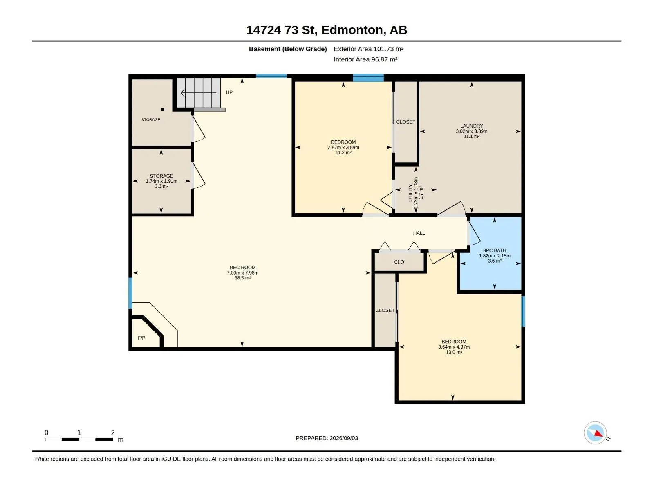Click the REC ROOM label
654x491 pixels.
click(242, 268)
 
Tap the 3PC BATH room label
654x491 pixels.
click(495, 250)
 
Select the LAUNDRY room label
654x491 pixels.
click(471, 126)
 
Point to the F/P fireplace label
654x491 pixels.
click(141, 338)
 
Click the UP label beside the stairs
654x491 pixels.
click(229, 92)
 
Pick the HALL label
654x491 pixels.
click(419, 233)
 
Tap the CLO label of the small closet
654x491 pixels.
click(399, 262)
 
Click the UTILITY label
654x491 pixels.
click(410, 193)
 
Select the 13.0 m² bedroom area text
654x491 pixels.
click(454, 352)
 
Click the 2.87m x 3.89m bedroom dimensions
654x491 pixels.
click(343, 147)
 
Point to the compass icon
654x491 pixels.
click(595, 433)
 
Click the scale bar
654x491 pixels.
click(79, 439)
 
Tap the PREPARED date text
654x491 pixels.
click(327, 438)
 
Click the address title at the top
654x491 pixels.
click(327, 30)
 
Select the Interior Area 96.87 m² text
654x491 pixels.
click(365, 59)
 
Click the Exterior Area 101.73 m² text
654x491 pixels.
click(369, 49)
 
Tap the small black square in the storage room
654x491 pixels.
click(162, 109)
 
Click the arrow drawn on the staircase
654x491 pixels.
click(198, 93)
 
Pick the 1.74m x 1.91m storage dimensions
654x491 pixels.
click(161, 181)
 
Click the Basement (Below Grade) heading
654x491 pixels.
click(288, 49)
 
